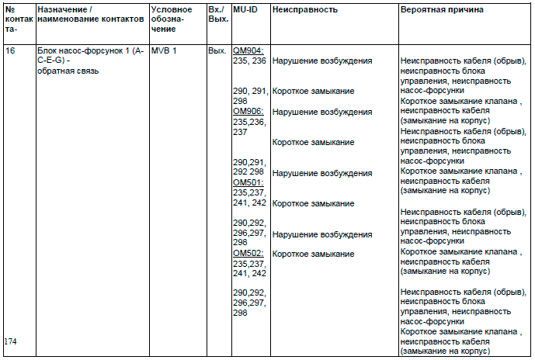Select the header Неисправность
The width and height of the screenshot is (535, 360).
pyautogui.click(x=304, y=10)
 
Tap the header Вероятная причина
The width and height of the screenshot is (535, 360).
pyautogui.click(x=442, y=10)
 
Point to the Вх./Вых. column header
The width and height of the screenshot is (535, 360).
pyautogui.click(x=217, y=15)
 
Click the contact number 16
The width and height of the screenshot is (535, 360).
pyautogui.click(x=10, y=50)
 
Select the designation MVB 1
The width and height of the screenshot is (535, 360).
pyautogui.click(x=165, y=50)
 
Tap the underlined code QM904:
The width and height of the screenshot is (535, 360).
pyautogui.click(x=248, y=50)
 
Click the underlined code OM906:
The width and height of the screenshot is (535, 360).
pyautogui.click(x=248, y=112)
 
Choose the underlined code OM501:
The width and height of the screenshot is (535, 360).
pyautogui.click(x=248, y=182)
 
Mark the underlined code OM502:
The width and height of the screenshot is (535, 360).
pyautogui.click(x=248, y=254)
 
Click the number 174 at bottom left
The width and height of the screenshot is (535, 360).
pyautogui.click(x=11, y=341)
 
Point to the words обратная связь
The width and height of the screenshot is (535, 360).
pyautogui.click(x=68, y=71)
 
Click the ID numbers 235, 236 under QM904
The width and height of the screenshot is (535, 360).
pyautogui.click(x=250, y=61)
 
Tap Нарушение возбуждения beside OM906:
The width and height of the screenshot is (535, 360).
pyautogui.click(x=322, y=112)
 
